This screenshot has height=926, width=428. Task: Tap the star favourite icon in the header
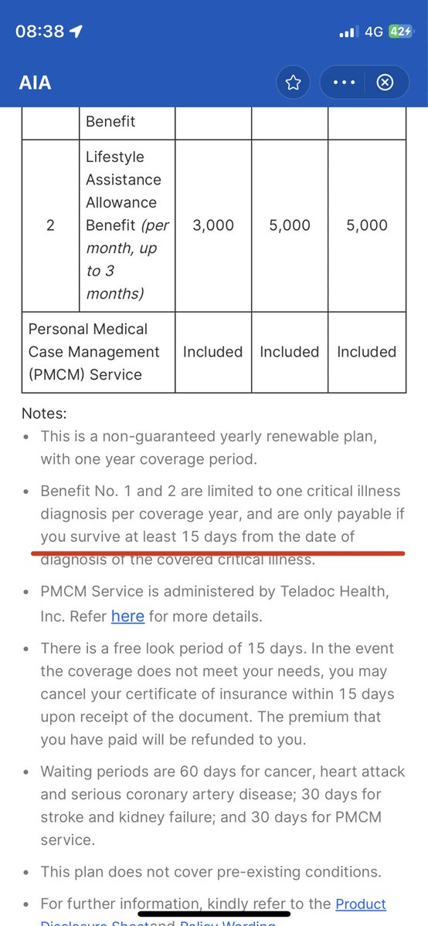(x=293, y=83)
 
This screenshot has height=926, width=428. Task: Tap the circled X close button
(x=385, y=83)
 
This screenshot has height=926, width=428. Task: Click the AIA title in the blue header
(x=36, y=83)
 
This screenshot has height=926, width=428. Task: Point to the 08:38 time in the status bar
(x=40, y=31)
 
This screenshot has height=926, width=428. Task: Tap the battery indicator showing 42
(x=400, y=32)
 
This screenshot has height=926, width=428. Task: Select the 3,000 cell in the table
(x=212, y=225)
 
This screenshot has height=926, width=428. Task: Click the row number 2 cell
(x=50, y=225)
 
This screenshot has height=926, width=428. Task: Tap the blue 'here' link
(x=127, y=617)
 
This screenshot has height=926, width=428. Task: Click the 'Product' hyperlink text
(x=361, y=904)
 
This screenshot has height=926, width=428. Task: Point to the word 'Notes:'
(x=45, y=414)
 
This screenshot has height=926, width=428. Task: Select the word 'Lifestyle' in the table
(x=115, y=157)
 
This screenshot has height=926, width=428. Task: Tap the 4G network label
(x=374, y=32)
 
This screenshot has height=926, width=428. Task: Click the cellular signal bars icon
(x=349, y=32)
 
